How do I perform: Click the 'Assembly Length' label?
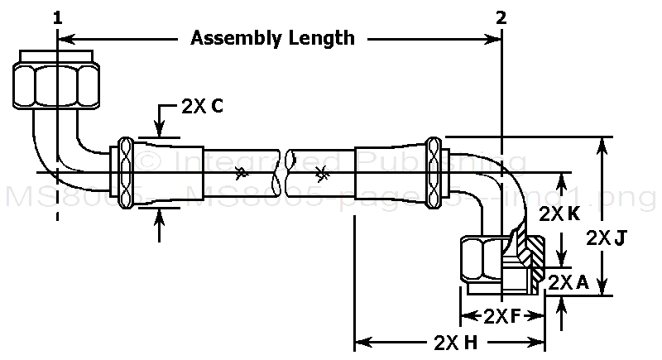(x=273, y=37)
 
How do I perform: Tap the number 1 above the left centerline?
(x=57, y=17)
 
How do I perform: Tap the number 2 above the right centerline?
(x=501, y=17)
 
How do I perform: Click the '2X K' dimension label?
(x=559, y=214)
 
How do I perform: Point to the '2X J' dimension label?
(x=610, y=238)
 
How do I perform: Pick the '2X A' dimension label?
(x=568, y=282)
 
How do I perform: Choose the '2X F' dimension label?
(x=502, y=315)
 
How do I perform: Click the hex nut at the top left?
(x=57, y=80)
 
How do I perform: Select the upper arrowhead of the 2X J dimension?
(x=602, y=146)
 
